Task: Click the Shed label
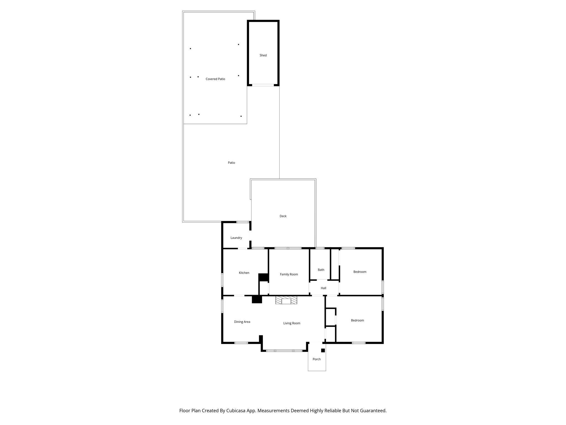click(263, 55)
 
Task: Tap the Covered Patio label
click(215, 79)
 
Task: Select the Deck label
click(283, 216)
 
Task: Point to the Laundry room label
click(236, 238)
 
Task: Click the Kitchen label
click(244, 273)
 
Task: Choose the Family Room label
click(289, 274)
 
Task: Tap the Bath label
click(321, 270)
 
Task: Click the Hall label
click(323, 288)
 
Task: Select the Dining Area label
click(242, 322)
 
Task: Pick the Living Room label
click(292, 323)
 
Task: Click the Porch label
click(316, 359)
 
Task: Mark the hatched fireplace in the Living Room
click(286, 300)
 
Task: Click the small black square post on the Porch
click(323, 350)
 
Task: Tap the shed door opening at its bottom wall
click(263, 85)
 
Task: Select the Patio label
click(231, 163)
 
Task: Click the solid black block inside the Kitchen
click(263, 277)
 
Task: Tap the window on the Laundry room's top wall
click(242, 222)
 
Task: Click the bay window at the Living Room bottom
click(284, 351)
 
